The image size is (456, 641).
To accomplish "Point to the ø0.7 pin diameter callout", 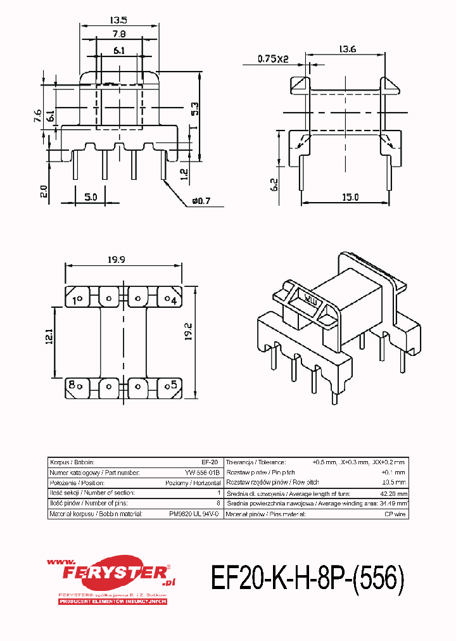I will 199,201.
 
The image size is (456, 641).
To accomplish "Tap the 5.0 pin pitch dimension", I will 90,197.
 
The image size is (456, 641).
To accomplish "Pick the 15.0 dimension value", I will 349,197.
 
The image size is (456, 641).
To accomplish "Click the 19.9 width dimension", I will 124,259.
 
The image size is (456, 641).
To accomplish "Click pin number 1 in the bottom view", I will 77,300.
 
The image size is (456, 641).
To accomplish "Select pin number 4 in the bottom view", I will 172,300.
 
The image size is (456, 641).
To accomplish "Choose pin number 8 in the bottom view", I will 73,384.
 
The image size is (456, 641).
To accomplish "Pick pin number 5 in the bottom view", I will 172,384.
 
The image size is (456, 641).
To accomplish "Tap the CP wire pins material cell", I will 395,514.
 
